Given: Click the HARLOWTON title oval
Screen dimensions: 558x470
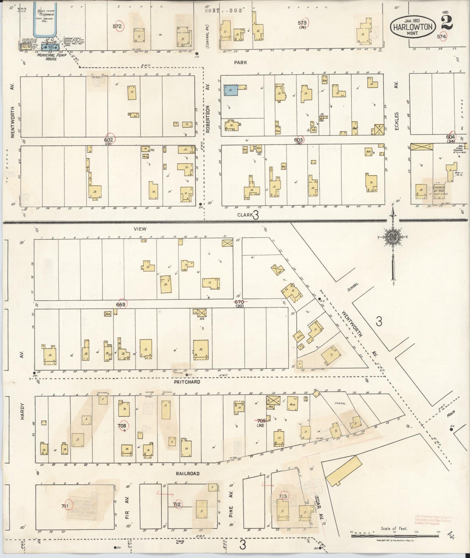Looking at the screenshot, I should (x=413, y=27).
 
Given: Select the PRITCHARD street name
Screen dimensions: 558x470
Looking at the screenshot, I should (x=186, y=382).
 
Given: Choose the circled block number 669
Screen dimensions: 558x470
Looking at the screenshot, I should (x=121, y=304).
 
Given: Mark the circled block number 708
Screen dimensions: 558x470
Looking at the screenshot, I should (x=123, y=425).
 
